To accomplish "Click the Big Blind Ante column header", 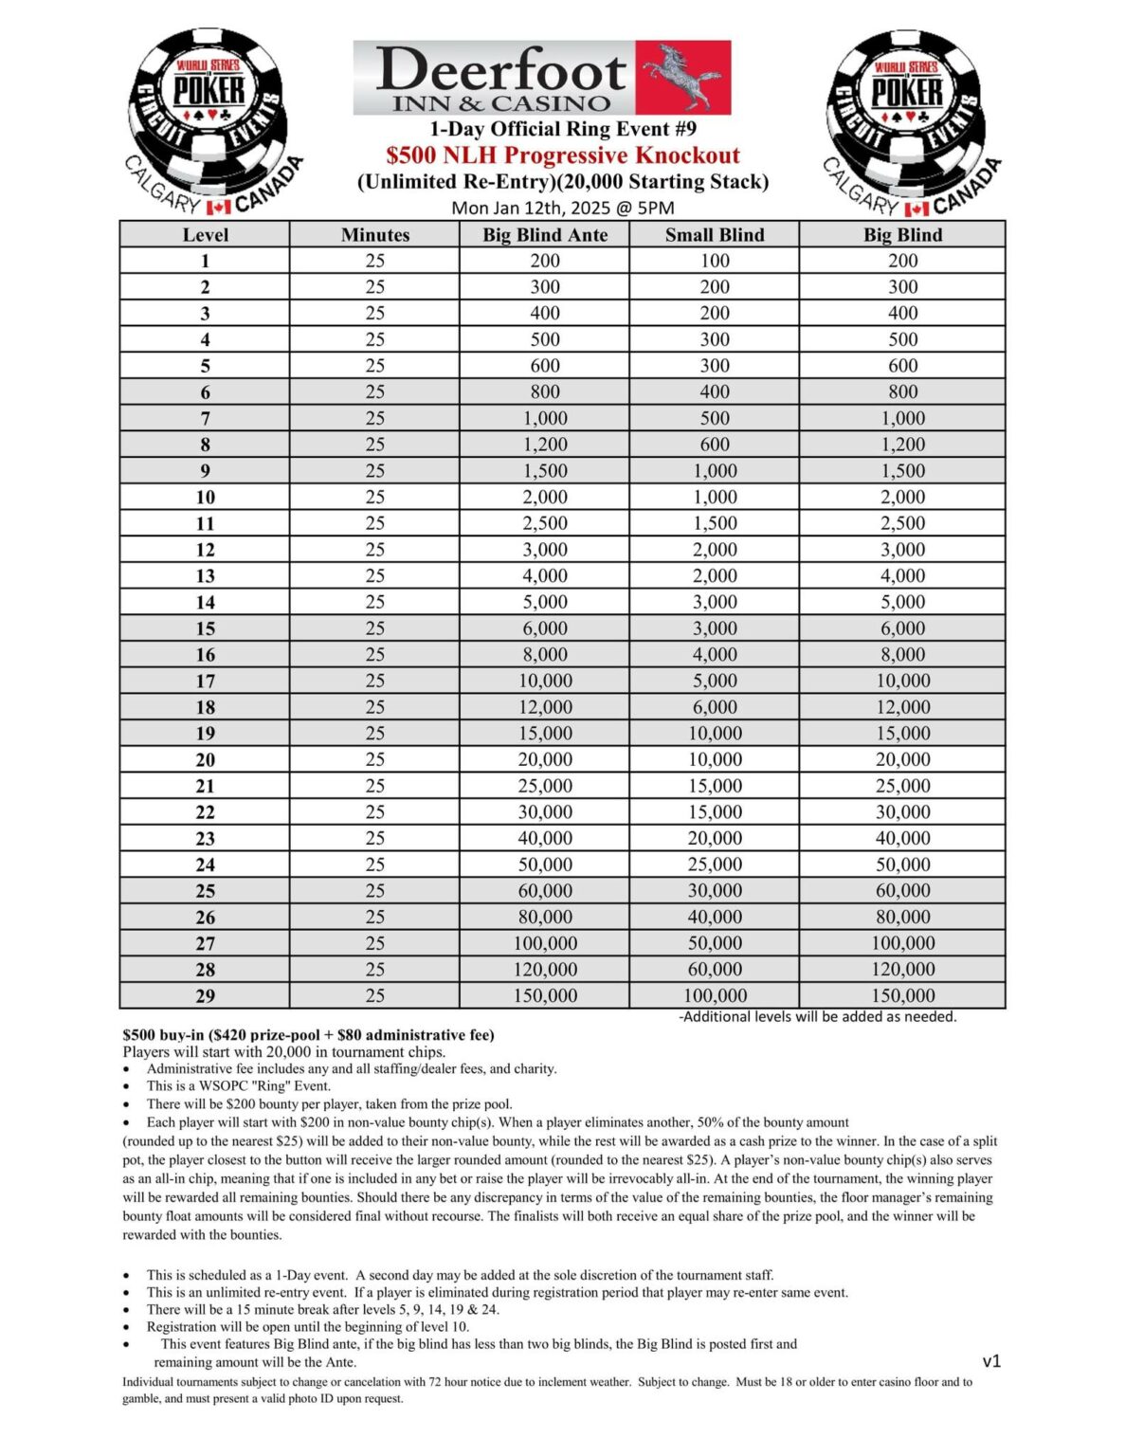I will point(544,235).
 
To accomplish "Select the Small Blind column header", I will point(714,235).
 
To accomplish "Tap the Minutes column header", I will point(374,235).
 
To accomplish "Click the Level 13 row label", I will point(205,576).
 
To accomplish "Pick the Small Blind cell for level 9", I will point(714,471).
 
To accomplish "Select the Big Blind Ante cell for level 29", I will point(544,996).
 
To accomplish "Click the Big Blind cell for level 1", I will point(901,261).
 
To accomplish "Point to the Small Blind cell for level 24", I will point(714,864).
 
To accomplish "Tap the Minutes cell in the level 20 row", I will point(374,759).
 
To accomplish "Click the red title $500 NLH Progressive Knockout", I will point(562,155).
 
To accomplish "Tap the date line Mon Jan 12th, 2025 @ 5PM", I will point(562,208).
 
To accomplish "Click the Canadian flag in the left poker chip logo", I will point(219,206).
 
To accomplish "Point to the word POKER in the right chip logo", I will point(907,92).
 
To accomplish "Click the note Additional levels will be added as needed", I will point(817,1016).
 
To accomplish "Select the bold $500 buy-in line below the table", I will point(308,1034).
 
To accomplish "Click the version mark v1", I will point(991,1361).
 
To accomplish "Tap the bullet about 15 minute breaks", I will point(322,1309).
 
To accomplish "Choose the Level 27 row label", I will point(205,943).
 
